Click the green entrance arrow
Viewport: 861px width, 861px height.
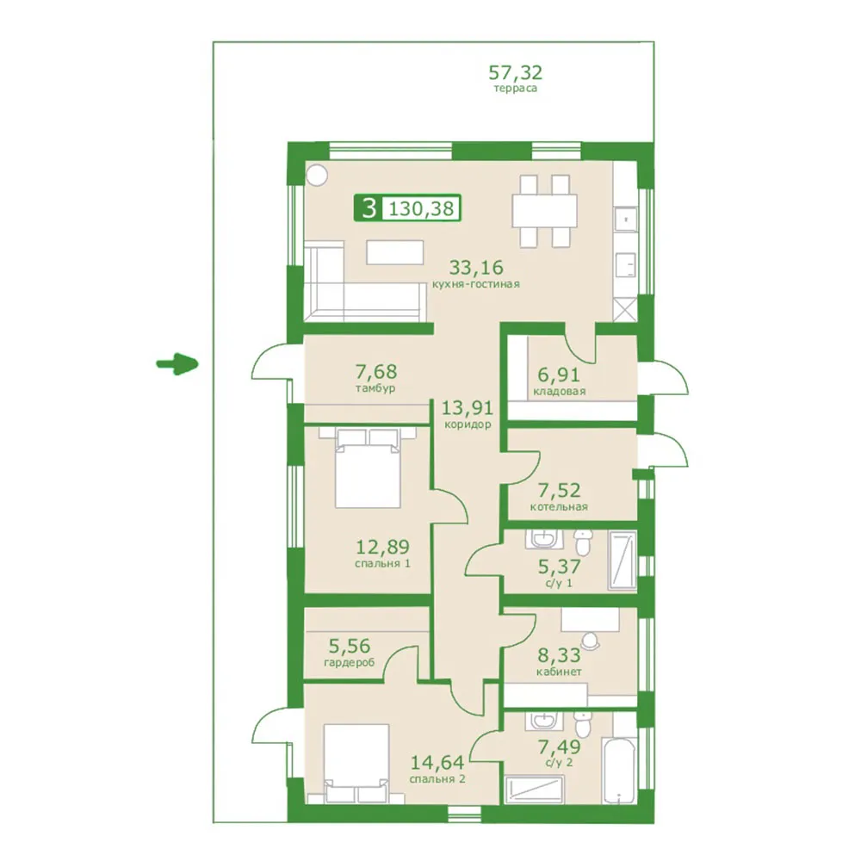point(177,363)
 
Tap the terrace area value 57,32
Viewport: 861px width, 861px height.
point(515,72)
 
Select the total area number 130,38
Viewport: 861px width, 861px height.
point(421,208)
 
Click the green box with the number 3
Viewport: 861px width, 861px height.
point(369,208)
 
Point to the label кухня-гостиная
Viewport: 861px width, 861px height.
point(475,284)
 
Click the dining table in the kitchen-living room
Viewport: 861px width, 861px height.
point(545,210)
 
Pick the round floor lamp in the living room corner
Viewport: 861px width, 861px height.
point(317,175)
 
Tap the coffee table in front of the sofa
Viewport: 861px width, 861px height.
point(395,252)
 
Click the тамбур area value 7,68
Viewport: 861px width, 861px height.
point(375,371)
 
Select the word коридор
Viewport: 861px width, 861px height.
point(468,424)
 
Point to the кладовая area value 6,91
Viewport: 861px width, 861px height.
point(559,375)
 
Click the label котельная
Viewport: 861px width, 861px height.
point(559,507)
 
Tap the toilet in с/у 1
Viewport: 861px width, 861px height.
point(583,542)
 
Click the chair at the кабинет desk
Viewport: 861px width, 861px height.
point(591,641)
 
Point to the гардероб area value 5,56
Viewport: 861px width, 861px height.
point(350,645)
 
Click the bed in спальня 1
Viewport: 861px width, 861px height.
point(368,468)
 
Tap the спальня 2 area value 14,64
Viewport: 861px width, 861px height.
point(437,762)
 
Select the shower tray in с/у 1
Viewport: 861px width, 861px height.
point(623,561)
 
